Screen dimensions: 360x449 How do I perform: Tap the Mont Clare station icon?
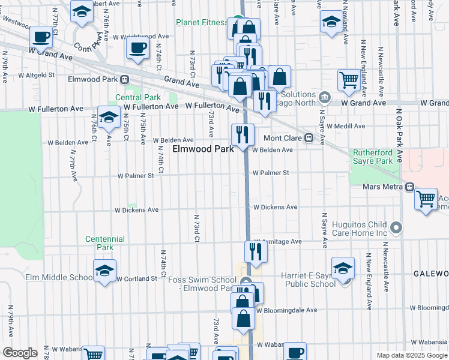pyautogui.click(x=309, y=137)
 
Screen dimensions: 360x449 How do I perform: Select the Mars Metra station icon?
pyautogui.click(x=409, y=187)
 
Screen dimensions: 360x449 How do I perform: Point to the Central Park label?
pyautogui.click(x=138, y=97)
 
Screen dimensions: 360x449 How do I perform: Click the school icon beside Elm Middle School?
pyautogui.click(x=105, y=271)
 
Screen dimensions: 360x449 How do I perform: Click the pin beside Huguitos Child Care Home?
pyautogui.click(x=396, y=227)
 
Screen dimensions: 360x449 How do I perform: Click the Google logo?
pyautogui.click(x=20, y=353)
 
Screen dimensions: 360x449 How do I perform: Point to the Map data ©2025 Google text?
pyautogui.click(x=412, y=355)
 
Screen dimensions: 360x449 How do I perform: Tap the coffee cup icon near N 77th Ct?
pyautogui.click(x=41, y=37)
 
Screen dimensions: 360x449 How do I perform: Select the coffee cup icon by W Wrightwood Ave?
pyautogui.click(x=138, y=48)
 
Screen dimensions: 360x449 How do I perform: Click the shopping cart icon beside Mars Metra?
pyautogui.click(x=426, y=197)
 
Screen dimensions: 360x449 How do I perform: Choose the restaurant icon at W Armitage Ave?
pyautogui.click(x=256, y=251)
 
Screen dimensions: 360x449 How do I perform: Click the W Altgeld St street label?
pyautogui.click(x=36, y=76)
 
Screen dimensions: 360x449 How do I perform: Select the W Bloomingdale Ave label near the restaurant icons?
pyautogui.click(x=286, y=310)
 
